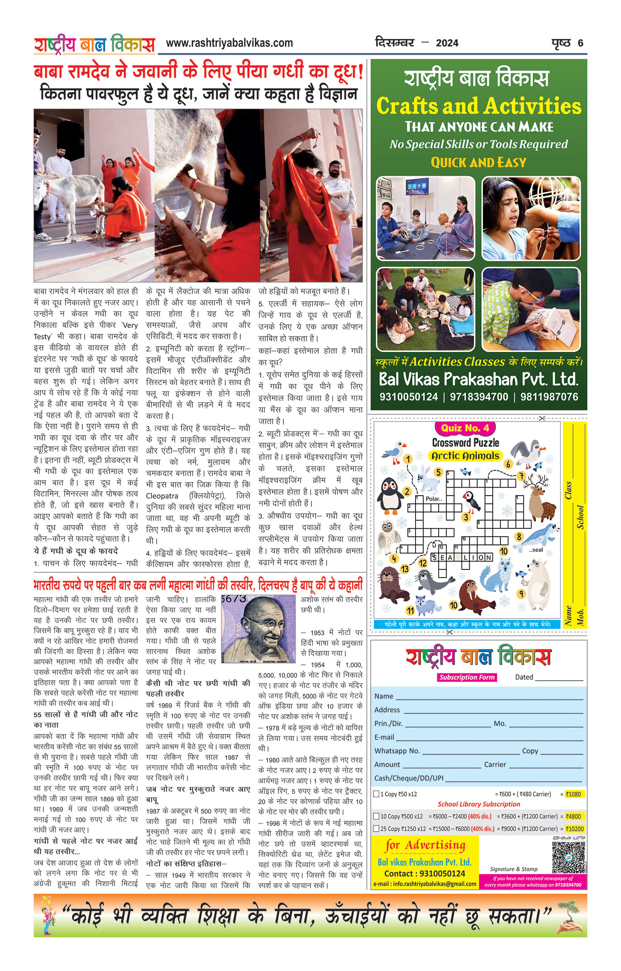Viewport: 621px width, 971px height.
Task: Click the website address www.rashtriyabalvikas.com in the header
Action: pos(229,43)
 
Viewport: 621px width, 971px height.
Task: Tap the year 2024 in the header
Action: pos(447,43)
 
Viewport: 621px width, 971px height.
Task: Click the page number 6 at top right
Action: pos(580,43)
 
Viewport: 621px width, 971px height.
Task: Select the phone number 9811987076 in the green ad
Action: pos(549,397)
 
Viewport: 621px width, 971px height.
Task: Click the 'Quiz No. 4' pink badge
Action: pos(465,428)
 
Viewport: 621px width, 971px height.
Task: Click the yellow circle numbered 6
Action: pos(508,464)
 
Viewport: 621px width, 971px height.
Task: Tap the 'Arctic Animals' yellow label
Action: pos(465,456)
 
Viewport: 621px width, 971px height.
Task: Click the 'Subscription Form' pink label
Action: pos(467,677)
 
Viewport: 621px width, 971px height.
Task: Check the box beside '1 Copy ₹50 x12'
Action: pos(376,794)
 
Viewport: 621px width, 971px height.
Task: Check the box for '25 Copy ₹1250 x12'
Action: pos(376,829)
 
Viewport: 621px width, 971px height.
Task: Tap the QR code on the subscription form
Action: pos(568,857)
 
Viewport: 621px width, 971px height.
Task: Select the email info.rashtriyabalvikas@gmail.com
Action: pos(425,884)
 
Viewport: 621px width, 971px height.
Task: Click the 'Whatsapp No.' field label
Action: pos(397,751)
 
